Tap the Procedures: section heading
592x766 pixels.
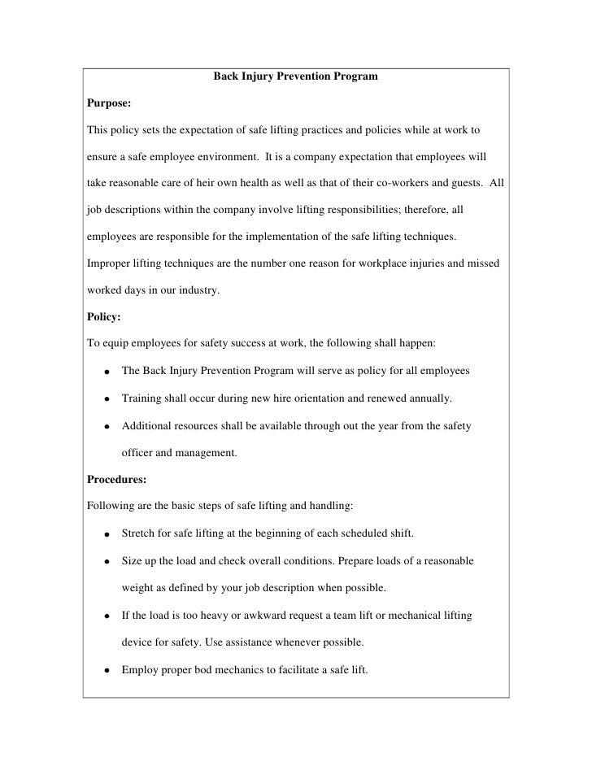click(116, 479)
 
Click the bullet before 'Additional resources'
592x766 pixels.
click(107, 426)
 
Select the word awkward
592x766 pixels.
click(247, 616)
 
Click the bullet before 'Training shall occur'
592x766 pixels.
click(107, 398)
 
